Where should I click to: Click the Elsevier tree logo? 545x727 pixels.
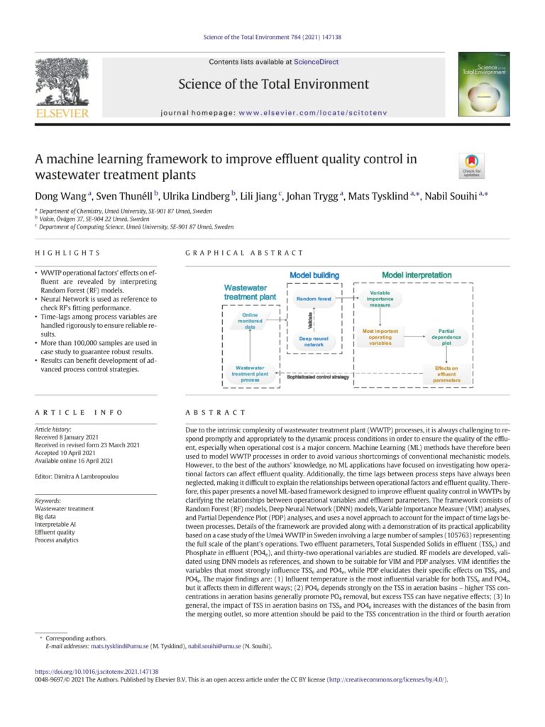(62, 82)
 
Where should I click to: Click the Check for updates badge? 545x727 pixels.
(472, 165)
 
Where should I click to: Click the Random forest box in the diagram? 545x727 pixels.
(313, 299)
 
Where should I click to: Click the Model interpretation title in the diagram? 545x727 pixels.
(417, 275)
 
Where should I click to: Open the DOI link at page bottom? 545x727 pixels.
(97, 672)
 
